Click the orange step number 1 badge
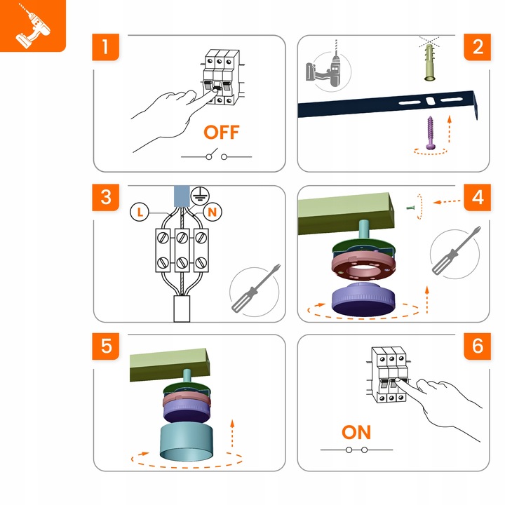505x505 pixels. click(x=106, y=47)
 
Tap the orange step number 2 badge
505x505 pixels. click(x=478, y=47)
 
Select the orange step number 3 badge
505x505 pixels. click(x=106, y=197)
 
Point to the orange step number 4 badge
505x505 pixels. click(x=478, y=197)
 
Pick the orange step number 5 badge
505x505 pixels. click(x=106, y=346)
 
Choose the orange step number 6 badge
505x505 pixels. click(x=478, y=346)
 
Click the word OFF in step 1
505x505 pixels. click(x=222, y=132)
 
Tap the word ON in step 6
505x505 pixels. click(x=356, y=432)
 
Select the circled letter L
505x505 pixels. click(x=140, y=212)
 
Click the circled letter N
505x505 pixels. click(x=213, y=212)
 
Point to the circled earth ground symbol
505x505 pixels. click(x=200, y=196)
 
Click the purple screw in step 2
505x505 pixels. click(x=431, y=133)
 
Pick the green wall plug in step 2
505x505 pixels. click(x=430, y=62)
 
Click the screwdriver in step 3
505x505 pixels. click(x=256, y=288)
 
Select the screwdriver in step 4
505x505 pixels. click(x=457, y=250)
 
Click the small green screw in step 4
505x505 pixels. click(x=410, y=208)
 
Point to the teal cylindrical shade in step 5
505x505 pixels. click(x=186, y=442)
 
